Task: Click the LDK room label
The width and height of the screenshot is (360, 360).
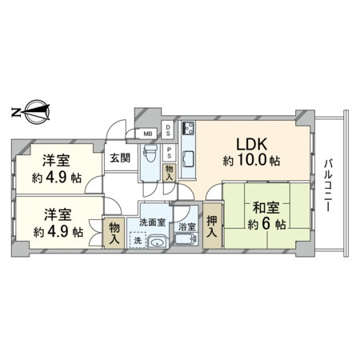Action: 252,145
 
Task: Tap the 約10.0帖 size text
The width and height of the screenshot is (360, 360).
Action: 251,161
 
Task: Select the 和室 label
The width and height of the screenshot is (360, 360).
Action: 266,208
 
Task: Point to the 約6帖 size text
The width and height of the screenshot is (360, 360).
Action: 266,224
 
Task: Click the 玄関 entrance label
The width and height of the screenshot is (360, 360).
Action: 120,158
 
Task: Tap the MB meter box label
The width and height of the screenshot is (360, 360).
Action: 148,134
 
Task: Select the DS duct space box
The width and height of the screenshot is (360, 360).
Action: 168,130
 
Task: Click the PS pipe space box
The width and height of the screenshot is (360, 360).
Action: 169,153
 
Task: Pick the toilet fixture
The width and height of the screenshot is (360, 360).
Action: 148,154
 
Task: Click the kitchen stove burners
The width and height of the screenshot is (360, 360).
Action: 189,128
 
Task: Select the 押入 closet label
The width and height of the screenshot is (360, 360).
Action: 212,226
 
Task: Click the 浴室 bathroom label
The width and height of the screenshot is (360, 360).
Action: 187,227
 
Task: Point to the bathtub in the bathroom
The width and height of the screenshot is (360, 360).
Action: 186,239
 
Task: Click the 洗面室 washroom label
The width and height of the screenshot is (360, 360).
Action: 152,222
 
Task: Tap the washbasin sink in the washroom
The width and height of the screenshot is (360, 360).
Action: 158,242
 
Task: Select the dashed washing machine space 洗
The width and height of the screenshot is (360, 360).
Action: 138,240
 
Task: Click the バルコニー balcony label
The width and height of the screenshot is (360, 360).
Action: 328,186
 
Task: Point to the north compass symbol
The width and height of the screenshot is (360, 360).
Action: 31,112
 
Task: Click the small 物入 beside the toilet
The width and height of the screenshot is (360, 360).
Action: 169,173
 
